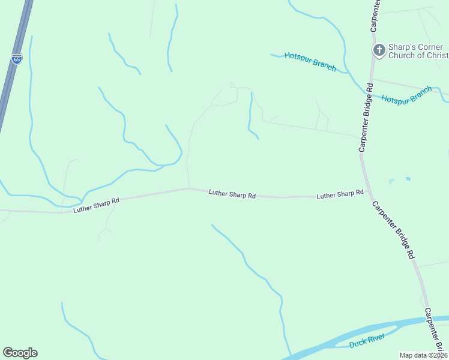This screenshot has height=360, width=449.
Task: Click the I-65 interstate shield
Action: pyautogui.click(x=16, y=58)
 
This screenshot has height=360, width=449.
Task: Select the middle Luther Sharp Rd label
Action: pyautogui.click(x=232, y=194)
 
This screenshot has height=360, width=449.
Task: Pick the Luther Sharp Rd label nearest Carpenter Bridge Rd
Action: pyautogui.click(x=340, y=194)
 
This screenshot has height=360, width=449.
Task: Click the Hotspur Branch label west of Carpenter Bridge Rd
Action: pyautogui.click(x=310, y=61)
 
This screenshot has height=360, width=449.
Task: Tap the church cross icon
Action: pyautogui.click(x=379, y=51)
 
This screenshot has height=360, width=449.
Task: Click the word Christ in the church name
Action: pyautogui.click(x=435, y=56)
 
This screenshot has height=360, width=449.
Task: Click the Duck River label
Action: pyautogui.click(x=367, y=342)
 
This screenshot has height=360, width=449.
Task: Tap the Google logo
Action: pyautogui.click(x=20, y=353)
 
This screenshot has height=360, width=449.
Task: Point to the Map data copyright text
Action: pyautogui.click(x=424, y=355)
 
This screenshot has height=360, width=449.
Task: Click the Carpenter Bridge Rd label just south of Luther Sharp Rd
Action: pyautogui.click(x=394, y=229)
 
